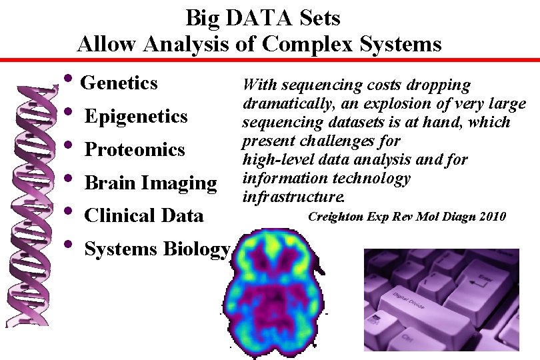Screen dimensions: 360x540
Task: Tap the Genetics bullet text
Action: pyautogui.click(x=119, y=83)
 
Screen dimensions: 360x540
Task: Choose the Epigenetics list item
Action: pyautogui.click(x=136, y=117)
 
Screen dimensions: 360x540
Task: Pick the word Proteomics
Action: pyautogui.click(x=134, y=149)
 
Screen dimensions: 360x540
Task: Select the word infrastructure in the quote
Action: pyautogui.click(x=294, y=197)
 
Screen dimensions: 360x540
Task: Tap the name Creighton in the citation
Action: pyautogui.click(x=336, y=217)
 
